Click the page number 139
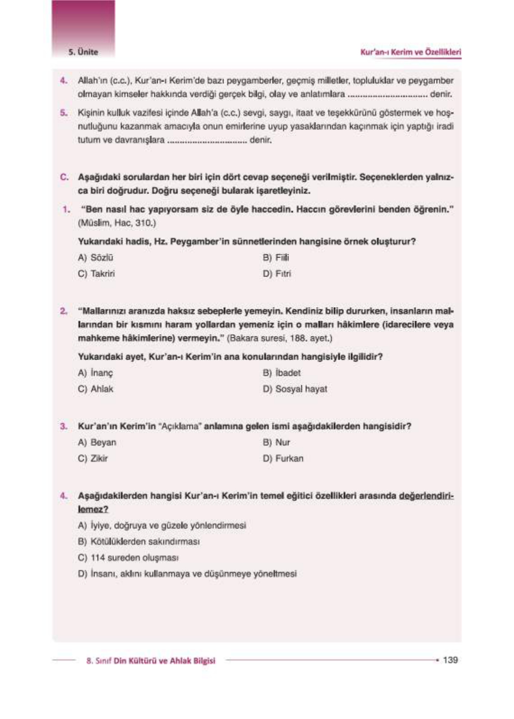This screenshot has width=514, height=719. coord(450,660)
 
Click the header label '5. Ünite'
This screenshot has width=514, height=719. coord(83,52)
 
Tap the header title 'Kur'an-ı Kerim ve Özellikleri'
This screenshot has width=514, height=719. coord(410,52)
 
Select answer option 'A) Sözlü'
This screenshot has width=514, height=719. coord(96,258)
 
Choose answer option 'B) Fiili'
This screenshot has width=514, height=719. coord(276,258)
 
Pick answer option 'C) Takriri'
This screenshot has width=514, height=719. coord(96,274)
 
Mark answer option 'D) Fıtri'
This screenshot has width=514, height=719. coord(277,274)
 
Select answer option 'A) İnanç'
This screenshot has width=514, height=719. coord(96,373)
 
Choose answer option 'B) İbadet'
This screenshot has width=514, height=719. coord(281,373)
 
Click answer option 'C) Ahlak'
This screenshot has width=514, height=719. coord(96,389)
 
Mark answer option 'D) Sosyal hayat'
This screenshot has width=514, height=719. coord(295,389)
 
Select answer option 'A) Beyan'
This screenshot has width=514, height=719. coord(97,442)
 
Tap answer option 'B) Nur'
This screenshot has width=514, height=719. coord(276,442)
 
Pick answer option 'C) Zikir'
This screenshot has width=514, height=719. coord(93,458)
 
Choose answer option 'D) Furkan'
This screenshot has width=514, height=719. coord(283,458)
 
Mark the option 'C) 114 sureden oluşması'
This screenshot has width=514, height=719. coord(128,558)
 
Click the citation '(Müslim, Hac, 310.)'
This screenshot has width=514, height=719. coord(117,223)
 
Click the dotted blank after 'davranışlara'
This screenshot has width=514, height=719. coord(207,141)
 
